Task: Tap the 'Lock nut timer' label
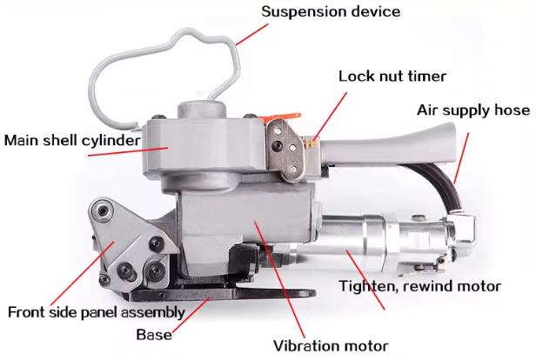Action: [392, 76]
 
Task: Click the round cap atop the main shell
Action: [201, 112]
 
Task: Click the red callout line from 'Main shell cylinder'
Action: [121, 151]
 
